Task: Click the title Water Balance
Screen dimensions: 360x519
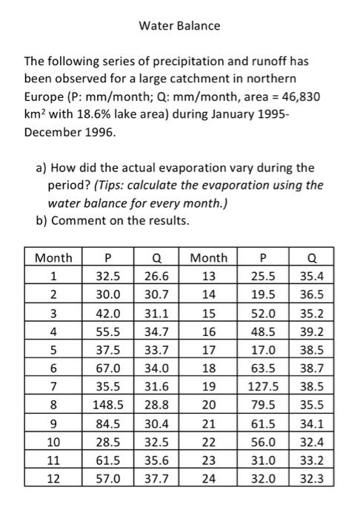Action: [180, 26]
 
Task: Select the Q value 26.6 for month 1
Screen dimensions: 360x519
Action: [157, 276]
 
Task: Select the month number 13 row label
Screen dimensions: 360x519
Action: [209, 276]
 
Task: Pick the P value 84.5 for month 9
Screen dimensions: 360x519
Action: [107, 423]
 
